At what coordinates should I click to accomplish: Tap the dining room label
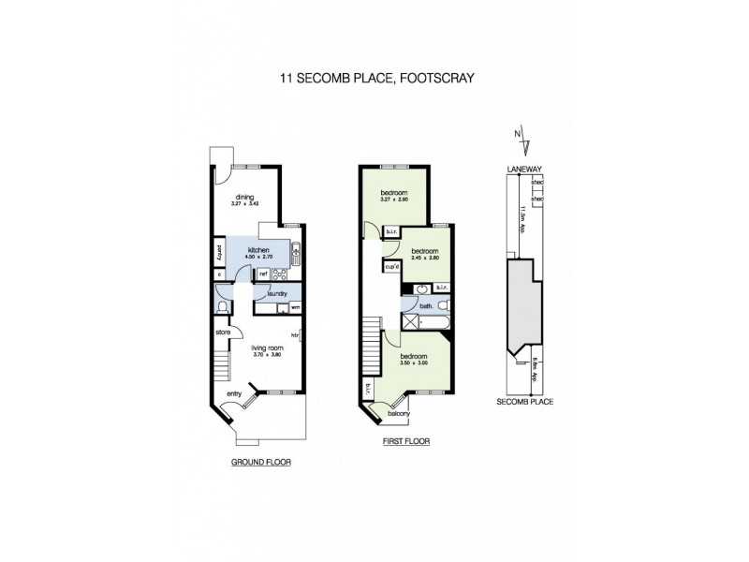pos(245,197)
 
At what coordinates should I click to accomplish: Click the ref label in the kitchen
pos(264,274)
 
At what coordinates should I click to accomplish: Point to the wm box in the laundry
pos(295,307)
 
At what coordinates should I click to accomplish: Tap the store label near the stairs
pos(223,332)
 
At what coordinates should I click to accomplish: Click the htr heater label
pos(295,334)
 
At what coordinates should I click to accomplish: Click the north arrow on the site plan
pos(524,143)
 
